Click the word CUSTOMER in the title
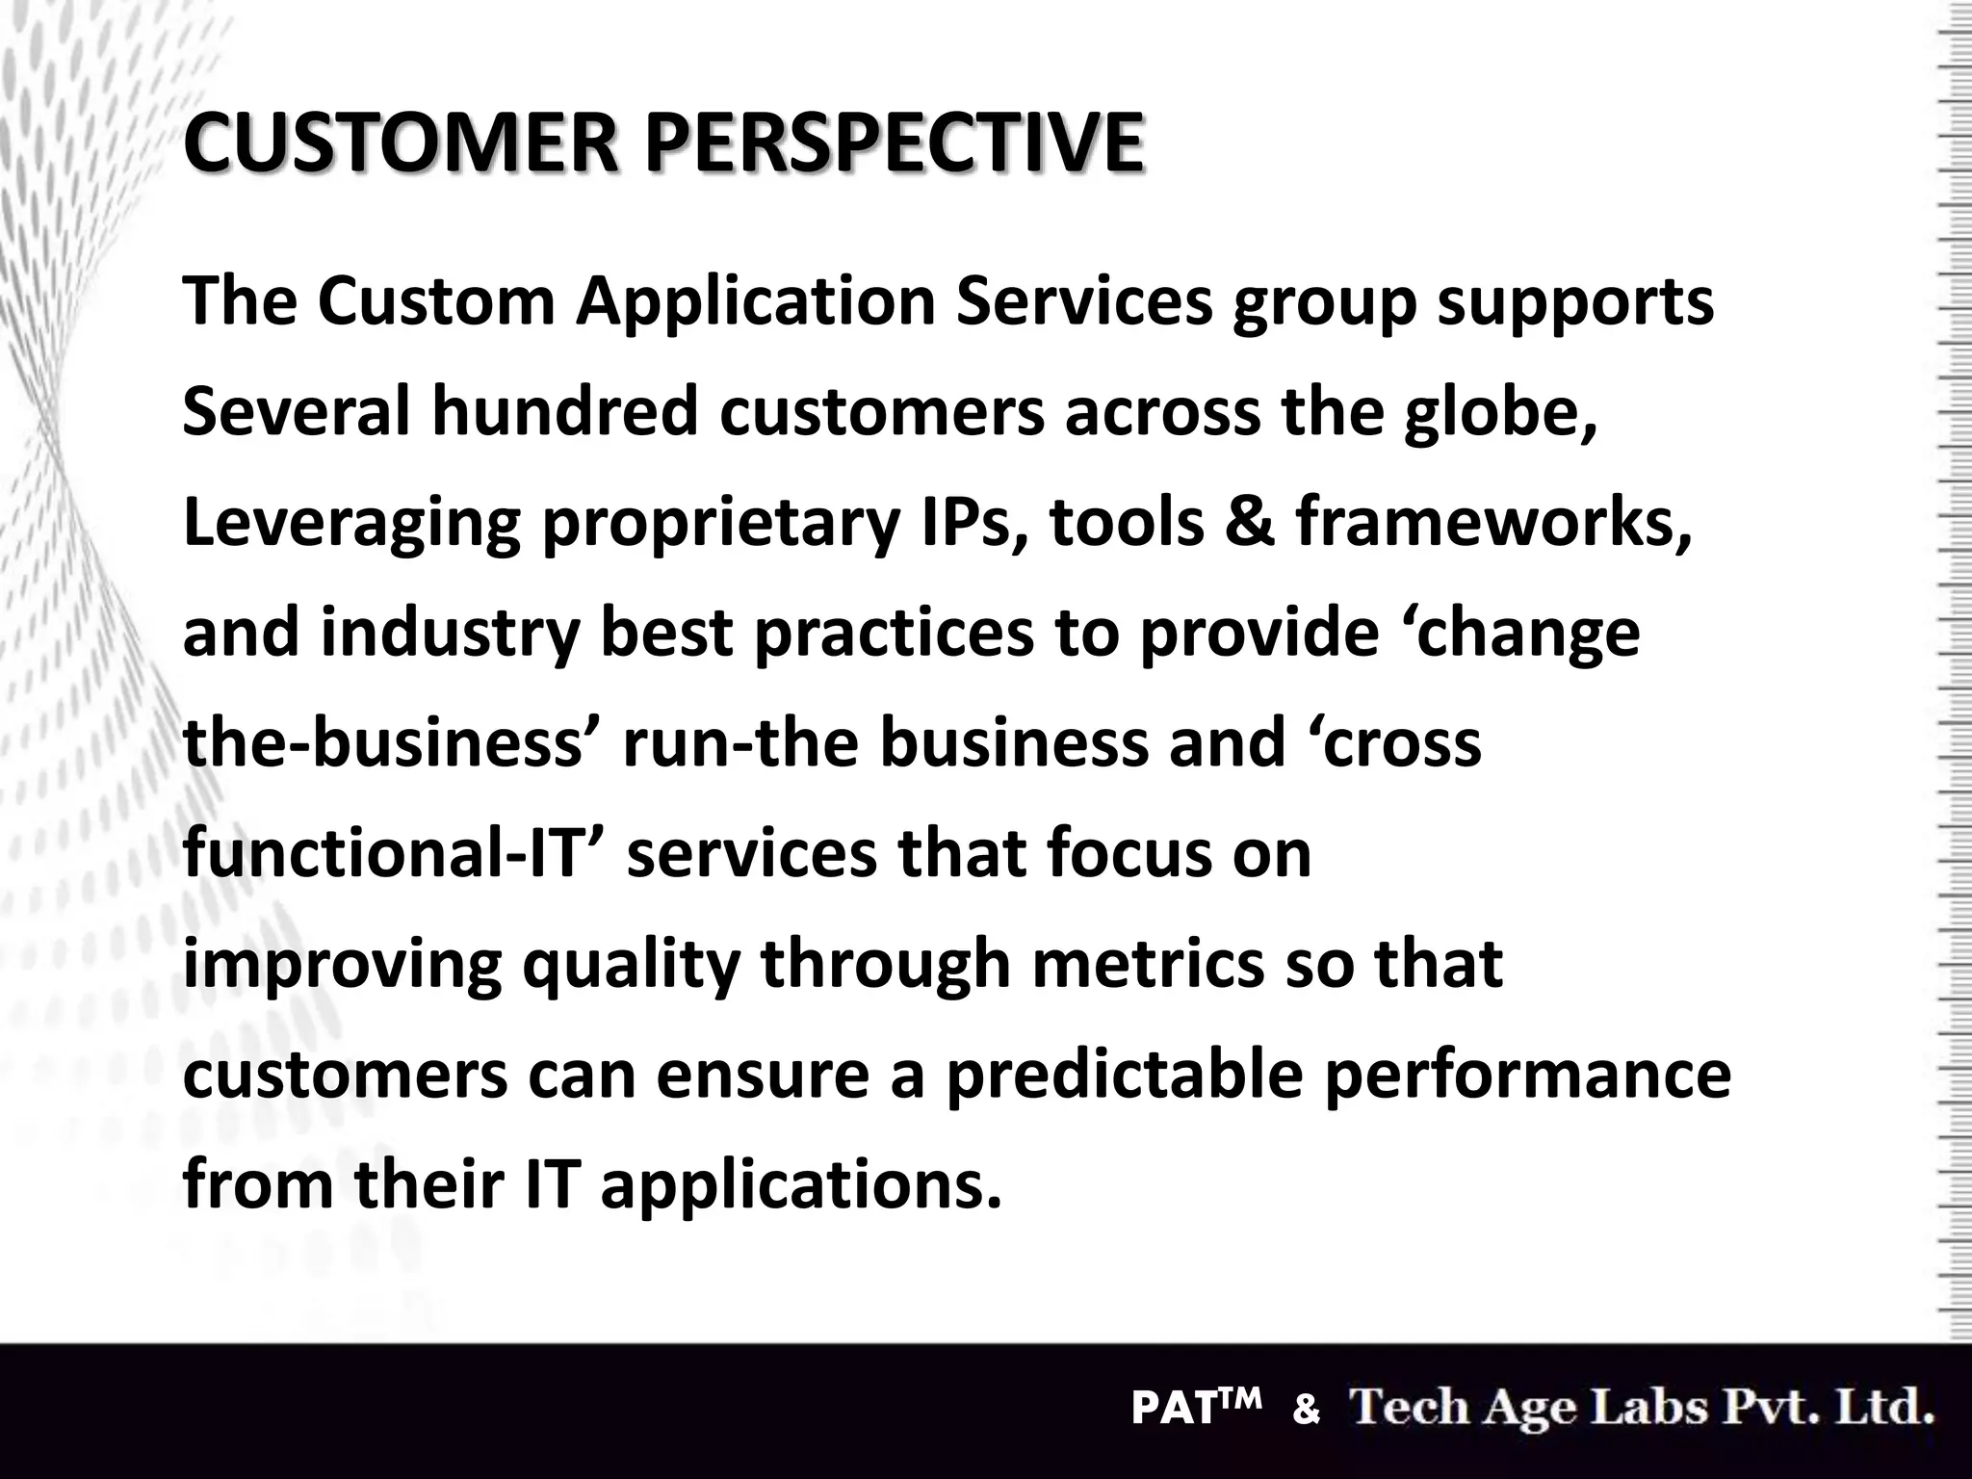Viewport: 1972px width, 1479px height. point(399,144)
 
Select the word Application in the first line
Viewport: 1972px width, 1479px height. point(756,302)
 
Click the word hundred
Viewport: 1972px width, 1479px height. point(564,411)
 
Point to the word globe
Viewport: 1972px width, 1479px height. point(1498,411)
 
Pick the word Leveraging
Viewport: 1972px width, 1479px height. point(351,523)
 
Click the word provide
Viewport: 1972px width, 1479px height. point(1259,634)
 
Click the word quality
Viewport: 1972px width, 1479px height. point(632,965)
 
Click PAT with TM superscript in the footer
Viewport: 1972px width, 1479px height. point(1195,1409)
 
